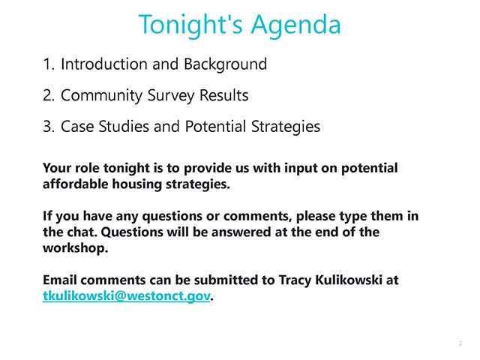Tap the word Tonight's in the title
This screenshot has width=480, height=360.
190,25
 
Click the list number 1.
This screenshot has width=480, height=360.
48,64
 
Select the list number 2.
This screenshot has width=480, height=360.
48,95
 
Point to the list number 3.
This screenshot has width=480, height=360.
48,127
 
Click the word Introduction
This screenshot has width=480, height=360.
104,64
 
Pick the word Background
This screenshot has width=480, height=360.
225,65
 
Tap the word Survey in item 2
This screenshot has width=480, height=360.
171,96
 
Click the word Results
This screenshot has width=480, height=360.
223,95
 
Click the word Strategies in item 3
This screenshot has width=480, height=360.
286,127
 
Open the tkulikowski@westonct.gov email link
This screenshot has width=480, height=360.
127,296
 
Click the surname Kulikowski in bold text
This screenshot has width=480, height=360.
348,280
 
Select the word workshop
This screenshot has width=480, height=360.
74,248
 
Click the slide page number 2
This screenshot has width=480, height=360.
460,343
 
